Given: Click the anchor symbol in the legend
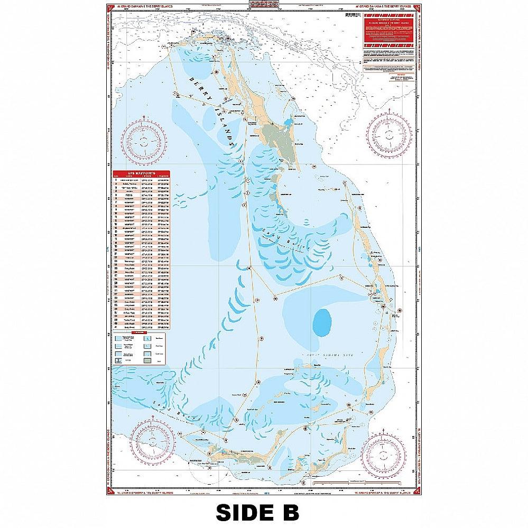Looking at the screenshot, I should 118,359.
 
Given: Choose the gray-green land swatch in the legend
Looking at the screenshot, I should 161,359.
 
